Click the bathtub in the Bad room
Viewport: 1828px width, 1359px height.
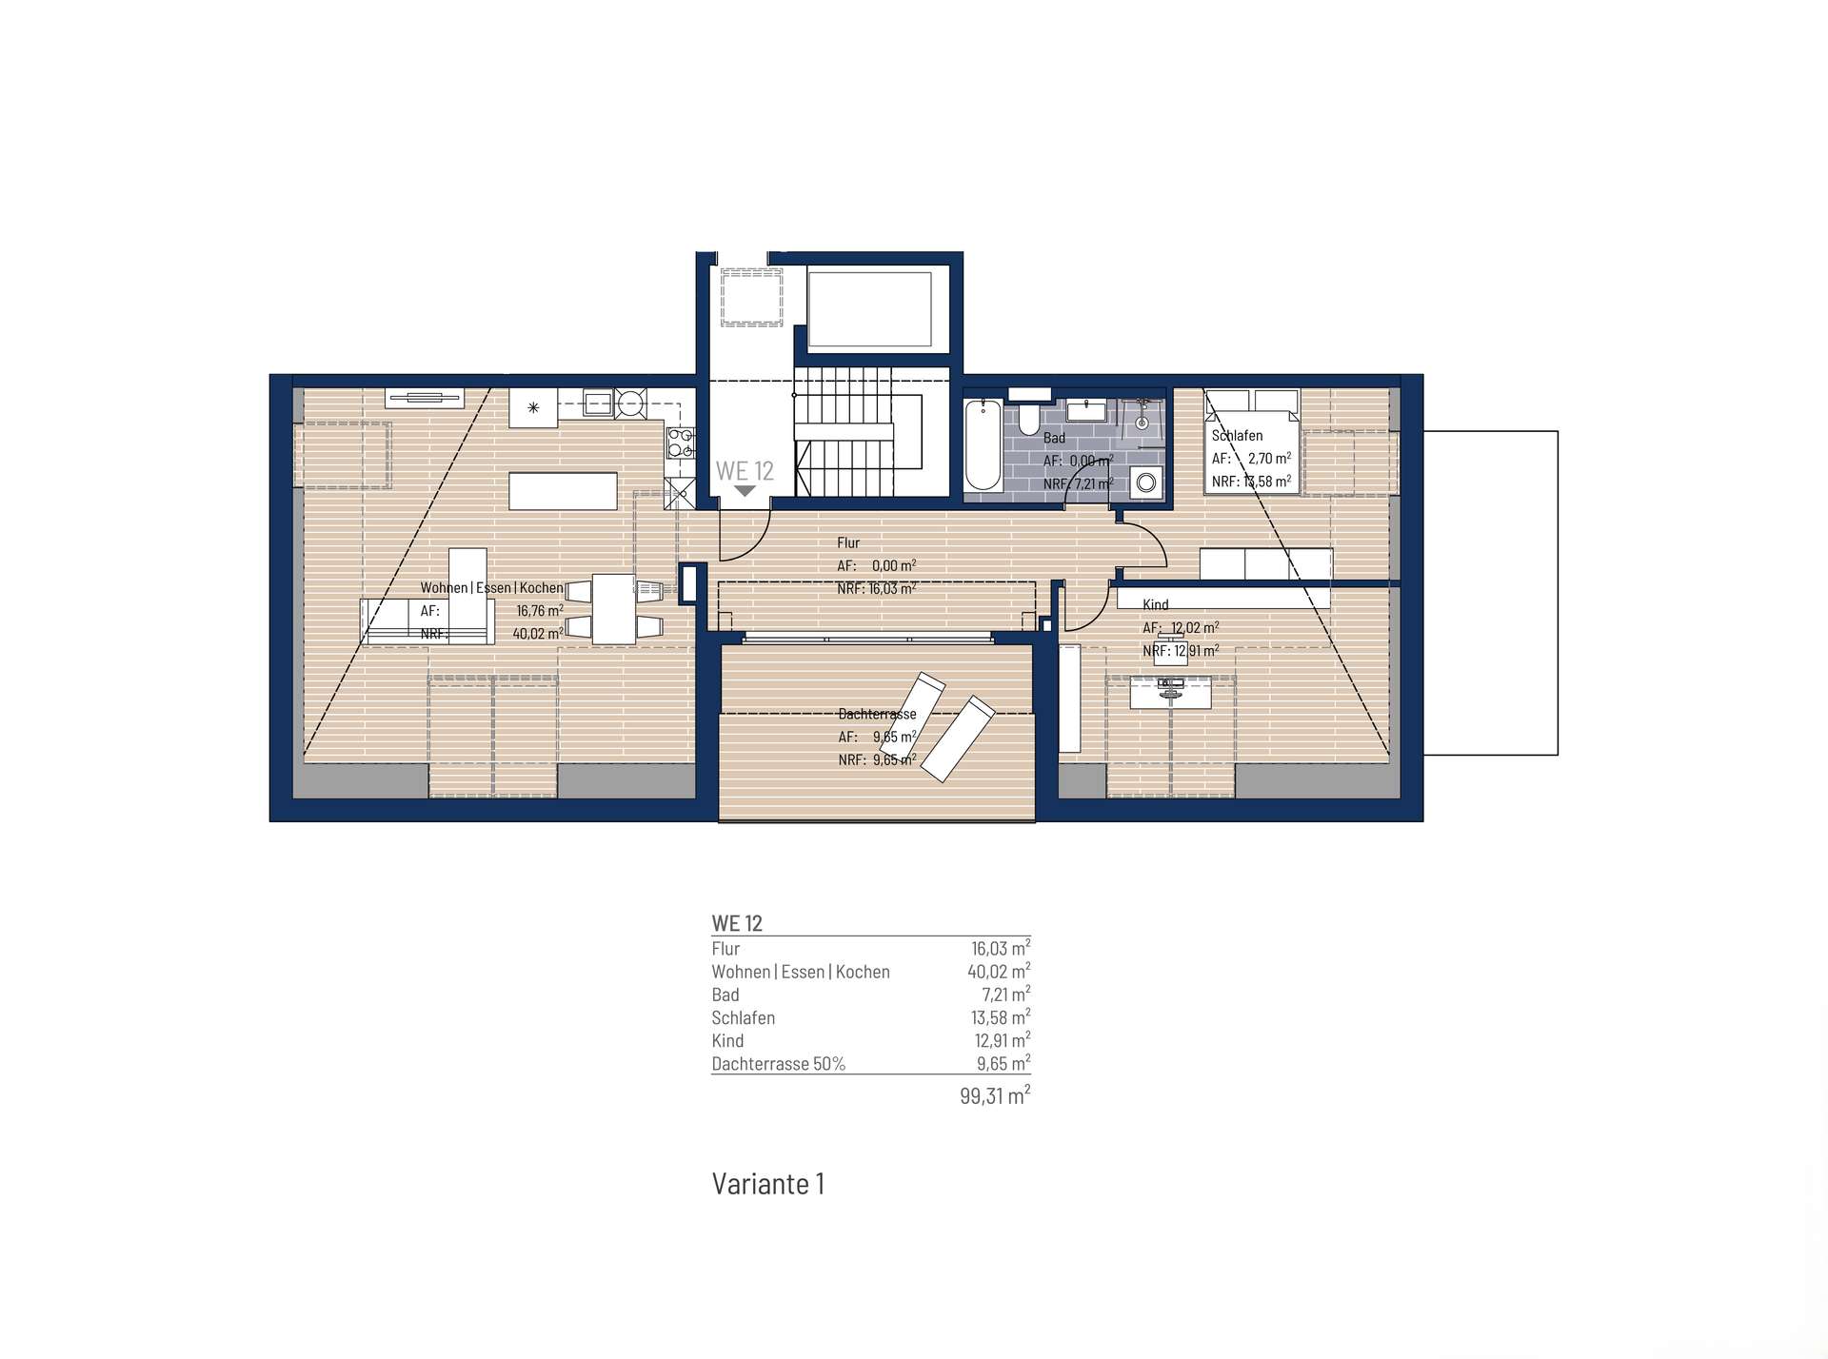tap(984, 445)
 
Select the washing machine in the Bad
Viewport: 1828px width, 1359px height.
tap(1146, 483)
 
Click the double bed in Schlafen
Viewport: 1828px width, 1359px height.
tap(1252, 441)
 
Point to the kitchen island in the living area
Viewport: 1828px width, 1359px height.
tap(563, 491)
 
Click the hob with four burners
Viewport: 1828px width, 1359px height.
tap(681, 443)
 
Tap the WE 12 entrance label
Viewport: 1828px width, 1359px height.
tap(745, 470)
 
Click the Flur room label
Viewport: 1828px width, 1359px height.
tap(848, 542)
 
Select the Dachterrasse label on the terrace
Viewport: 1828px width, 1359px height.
tap(877, 714)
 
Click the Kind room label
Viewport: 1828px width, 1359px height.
tap(1155, 604)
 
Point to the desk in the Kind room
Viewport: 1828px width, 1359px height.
tap(1171, 692)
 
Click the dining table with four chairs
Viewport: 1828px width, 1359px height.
tap(614, 609)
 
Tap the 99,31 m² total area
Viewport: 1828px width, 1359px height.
tap(995, 1095)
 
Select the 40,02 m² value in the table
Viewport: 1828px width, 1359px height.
tap(999, 972)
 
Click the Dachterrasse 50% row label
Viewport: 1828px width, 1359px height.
tap(779, 1064)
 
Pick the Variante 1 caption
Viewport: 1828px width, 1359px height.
tap(768, 1184)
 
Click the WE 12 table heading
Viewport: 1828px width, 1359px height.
tap(737, 923)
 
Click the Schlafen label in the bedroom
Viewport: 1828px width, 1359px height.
tap(1237, 435)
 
